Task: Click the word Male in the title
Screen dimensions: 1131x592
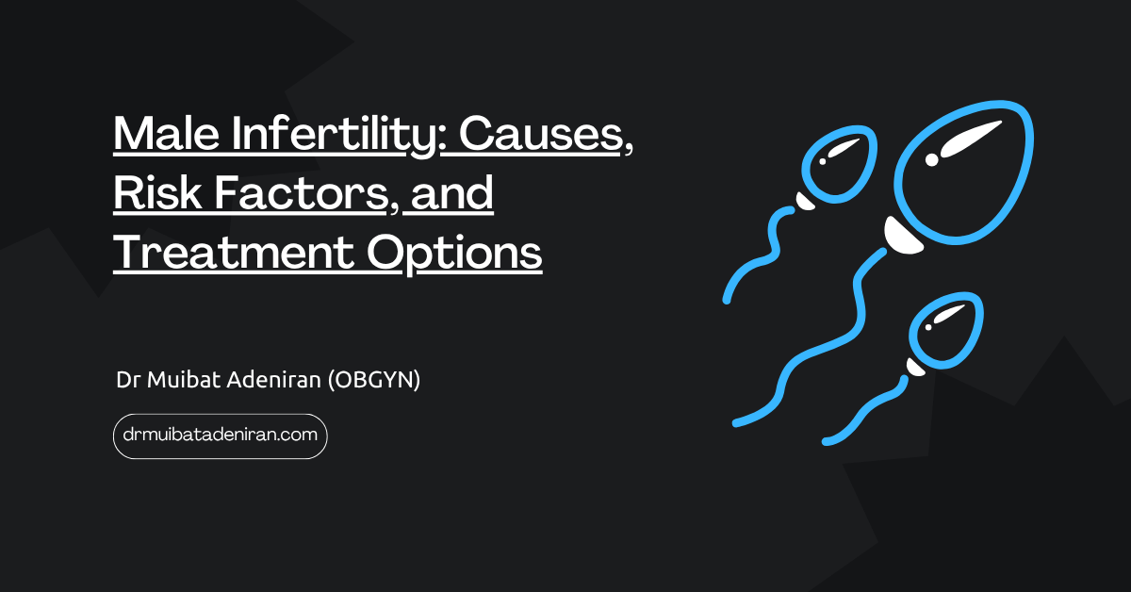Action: (x=166, y=133)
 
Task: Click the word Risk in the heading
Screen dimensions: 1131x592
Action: (x=157, y=192)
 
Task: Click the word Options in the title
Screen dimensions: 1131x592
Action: (x=454, y=255)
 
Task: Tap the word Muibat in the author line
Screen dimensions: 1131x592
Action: (x=183, y=379)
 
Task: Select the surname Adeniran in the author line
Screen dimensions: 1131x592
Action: (x=273, y=379)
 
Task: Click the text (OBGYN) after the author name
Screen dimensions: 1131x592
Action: (x=374, y=380)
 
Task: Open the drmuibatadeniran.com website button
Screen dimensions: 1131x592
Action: (x=221, y=436)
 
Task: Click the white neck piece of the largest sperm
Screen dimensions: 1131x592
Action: (x=902, y=237)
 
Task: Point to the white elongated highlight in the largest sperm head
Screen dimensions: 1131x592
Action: (x=971, y=138)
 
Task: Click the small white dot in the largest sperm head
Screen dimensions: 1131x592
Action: (x=931, y=160)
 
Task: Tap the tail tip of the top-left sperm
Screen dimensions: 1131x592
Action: (x=727, y=301)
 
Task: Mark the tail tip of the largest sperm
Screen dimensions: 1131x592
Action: (x=737, y=422)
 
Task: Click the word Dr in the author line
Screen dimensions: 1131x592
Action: (x=128, y=380)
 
